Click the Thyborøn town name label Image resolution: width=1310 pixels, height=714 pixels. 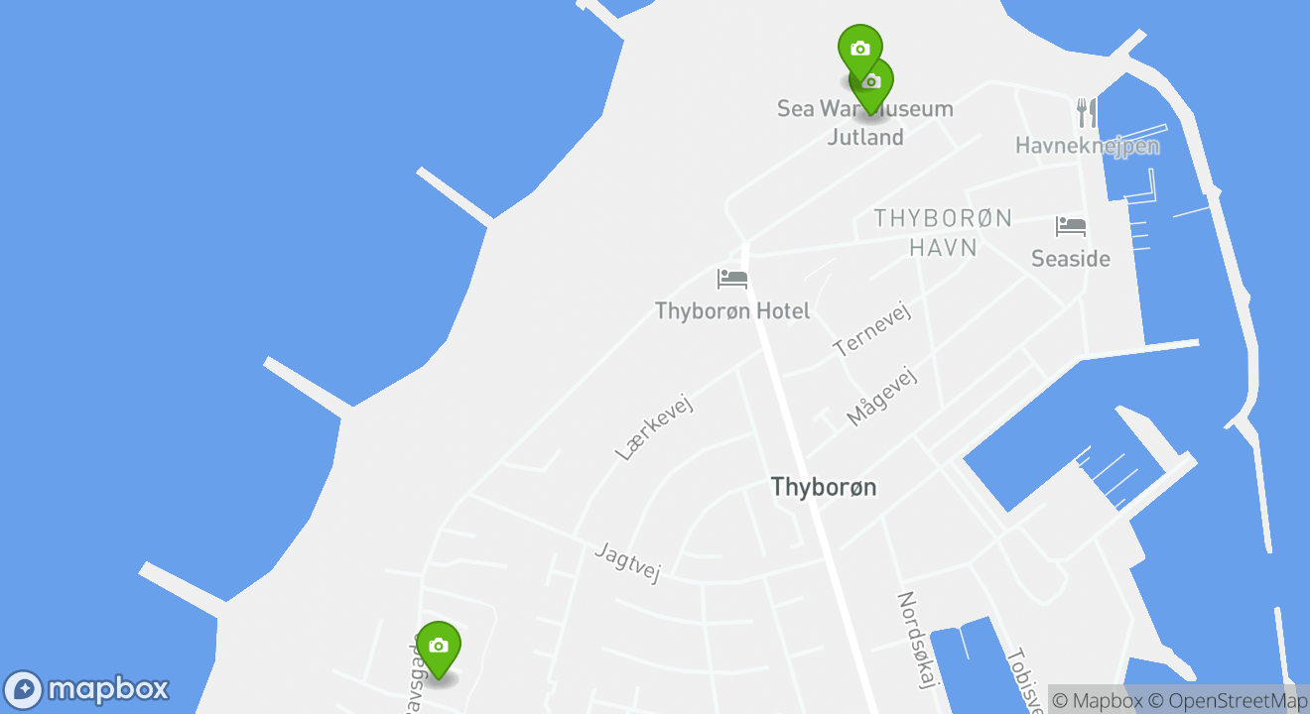point(824,487)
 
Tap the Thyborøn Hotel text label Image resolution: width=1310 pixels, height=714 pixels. point(732,311)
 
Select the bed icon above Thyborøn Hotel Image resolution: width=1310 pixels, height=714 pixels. point(732,279)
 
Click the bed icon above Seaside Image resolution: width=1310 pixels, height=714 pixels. point(1071,227)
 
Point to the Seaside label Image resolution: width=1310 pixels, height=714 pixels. point(1071,259)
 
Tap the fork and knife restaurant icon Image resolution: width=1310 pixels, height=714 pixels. point(1088,113)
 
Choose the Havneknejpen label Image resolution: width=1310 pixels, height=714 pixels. point(1087,147)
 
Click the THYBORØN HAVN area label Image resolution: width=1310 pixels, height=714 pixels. point(943,232)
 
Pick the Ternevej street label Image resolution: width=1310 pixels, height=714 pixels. point(872,331)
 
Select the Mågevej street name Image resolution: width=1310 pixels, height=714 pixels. point(882,395)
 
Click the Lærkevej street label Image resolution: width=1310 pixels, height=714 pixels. point(652,426)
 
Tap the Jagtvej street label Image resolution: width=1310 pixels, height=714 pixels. point(627,562)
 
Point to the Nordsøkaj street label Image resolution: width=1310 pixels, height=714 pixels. point(918,638)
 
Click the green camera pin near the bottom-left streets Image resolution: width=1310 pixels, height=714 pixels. point(438,647)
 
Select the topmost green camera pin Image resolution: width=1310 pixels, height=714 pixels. point(859,48)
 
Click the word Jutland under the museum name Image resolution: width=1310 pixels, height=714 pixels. point(865,137)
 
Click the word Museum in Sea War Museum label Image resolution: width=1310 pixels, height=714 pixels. point(908,109)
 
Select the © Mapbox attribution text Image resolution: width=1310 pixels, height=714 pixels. point(1097,701)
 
